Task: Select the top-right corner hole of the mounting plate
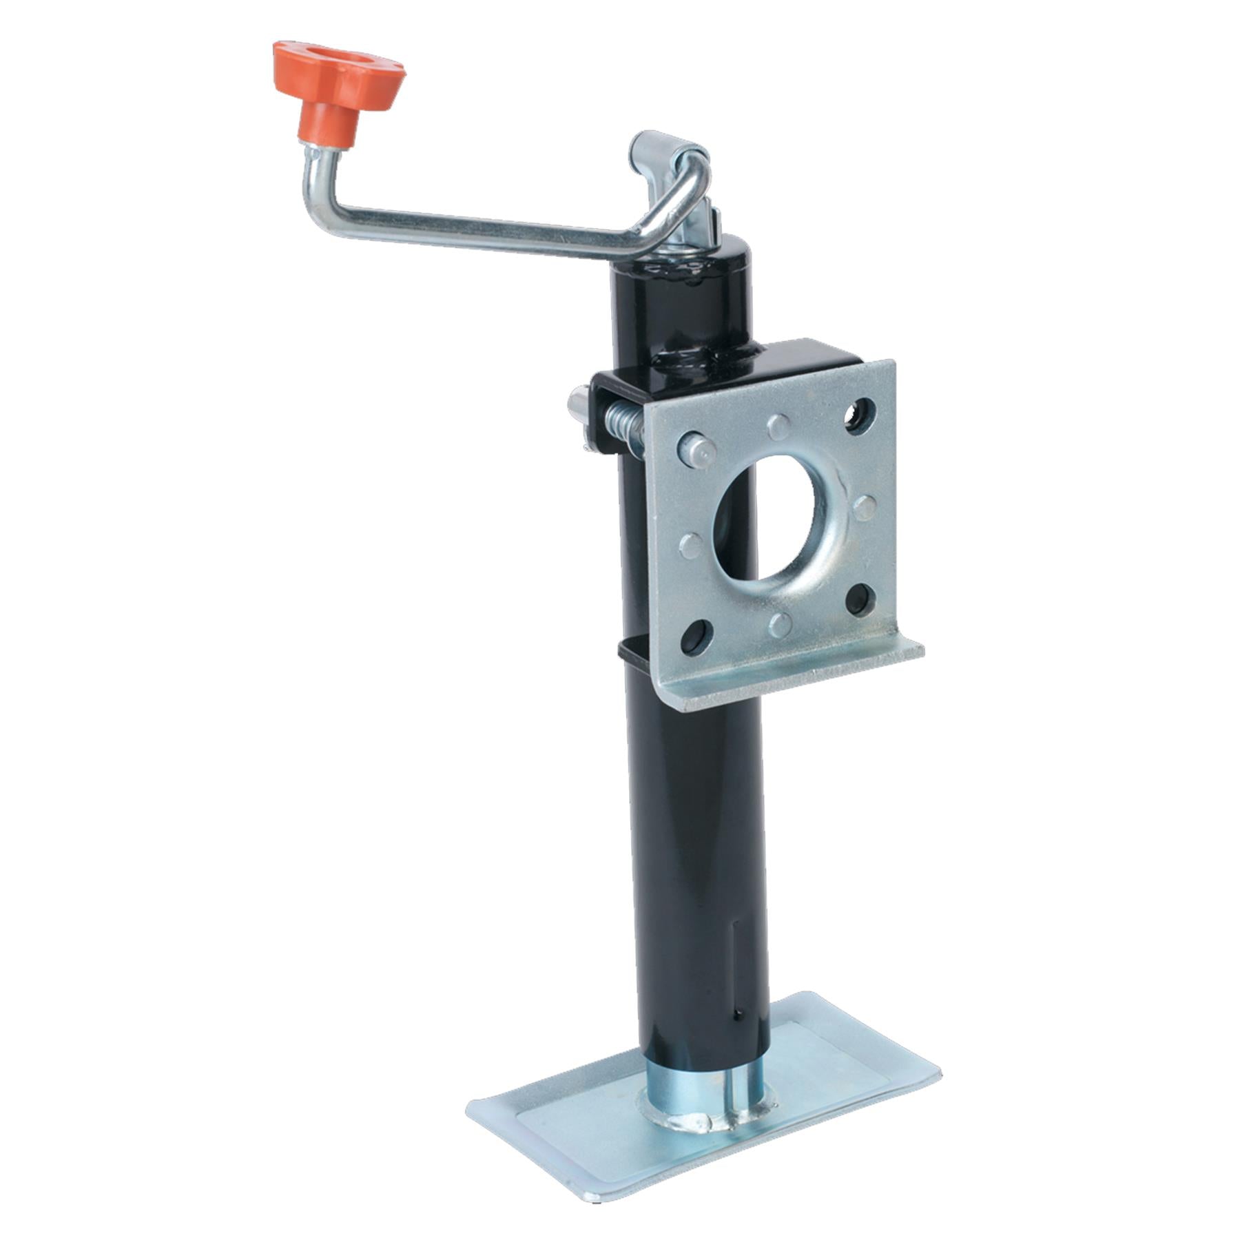(859, 416)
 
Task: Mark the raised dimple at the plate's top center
(779, 426)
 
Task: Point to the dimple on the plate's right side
(864, 508)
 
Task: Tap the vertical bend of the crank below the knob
(310, 183)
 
